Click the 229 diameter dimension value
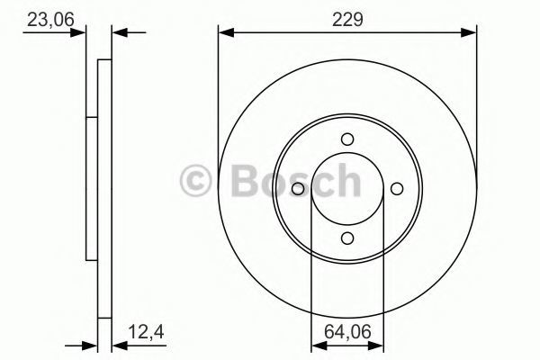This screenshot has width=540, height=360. tap(347, 20)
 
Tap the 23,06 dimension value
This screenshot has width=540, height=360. tap(50, 20)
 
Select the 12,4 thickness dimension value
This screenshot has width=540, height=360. tap(146, 332)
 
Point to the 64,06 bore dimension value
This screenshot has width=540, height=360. tap(347, 332)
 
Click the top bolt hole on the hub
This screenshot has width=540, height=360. tap(347, 139)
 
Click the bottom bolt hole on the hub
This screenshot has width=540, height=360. tap(347, 238)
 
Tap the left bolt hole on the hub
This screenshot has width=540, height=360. tap(298, 189)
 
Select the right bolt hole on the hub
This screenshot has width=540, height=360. tap(397, 189)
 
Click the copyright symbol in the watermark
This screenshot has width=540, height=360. tap(195, 181)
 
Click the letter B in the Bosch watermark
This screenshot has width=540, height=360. tap(245, 181)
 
